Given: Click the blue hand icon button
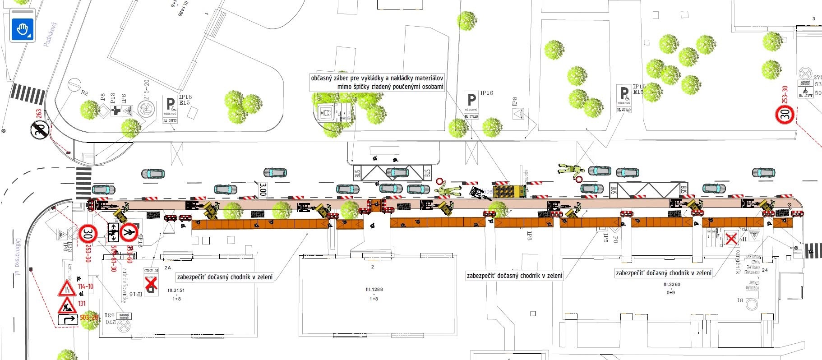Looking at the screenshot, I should (23, 30).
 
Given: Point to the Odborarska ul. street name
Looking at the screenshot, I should (18, 257).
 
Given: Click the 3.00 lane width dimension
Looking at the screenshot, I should (263, 189).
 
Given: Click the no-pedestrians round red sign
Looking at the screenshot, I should (130, 232).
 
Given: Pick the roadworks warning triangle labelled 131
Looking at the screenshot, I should (67, 306).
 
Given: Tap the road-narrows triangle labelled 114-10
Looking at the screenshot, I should (67, 288).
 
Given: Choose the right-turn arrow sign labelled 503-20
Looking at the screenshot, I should (68, 320).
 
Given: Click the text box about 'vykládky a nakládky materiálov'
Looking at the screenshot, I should (377, 82).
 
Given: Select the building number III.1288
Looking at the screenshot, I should (374, 290).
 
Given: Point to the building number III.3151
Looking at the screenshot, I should (176, 291).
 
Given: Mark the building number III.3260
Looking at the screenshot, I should (672, 285).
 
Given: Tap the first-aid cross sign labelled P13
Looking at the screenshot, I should (116, 111).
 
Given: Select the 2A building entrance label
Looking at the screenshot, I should (168, 268).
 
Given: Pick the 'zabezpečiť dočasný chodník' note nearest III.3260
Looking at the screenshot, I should (664, 273).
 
